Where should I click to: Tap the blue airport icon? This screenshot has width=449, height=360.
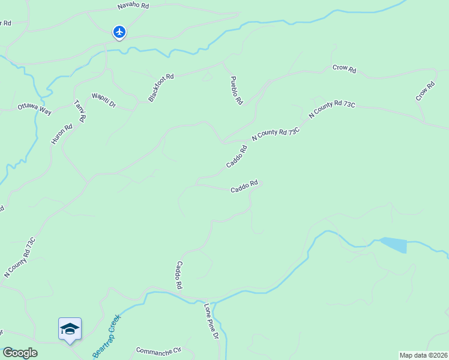(x=119, y=32)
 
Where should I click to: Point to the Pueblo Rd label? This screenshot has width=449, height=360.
(x=236, y=91)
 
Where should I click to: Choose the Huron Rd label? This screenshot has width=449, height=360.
(x=61, y=134)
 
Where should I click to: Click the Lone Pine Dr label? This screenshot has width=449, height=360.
(x=211, y=322)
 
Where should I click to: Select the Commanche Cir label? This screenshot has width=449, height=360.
(x=158, y=350)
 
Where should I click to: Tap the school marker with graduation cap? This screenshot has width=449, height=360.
(x=70, y=329)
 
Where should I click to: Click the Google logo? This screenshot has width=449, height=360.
(x=20, y=353)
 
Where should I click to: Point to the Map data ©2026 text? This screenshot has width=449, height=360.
(x=423, y=355)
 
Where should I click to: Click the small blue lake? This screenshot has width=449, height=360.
(x=394, y=245)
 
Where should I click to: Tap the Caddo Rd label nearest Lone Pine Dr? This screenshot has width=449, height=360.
(x=178, y=275)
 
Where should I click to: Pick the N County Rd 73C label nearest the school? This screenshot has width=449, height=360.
(x=20, y=257)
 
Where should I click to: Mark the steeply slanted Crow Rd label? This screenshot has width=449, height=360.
(x=425, y=91)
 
